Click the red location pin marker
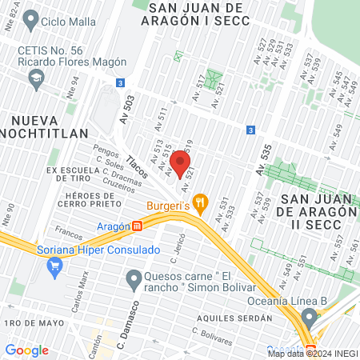pos(180,164)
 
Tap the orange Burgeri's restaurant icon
pos(200,204)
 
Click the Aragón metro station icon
pos(138,226)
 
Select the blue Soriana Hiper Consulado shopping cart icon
pos(54,268)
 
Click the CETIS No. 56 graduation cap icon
pos(35,77)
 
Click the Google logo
pos(26,350)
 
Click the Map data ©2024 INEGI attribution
pos(311,353)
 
